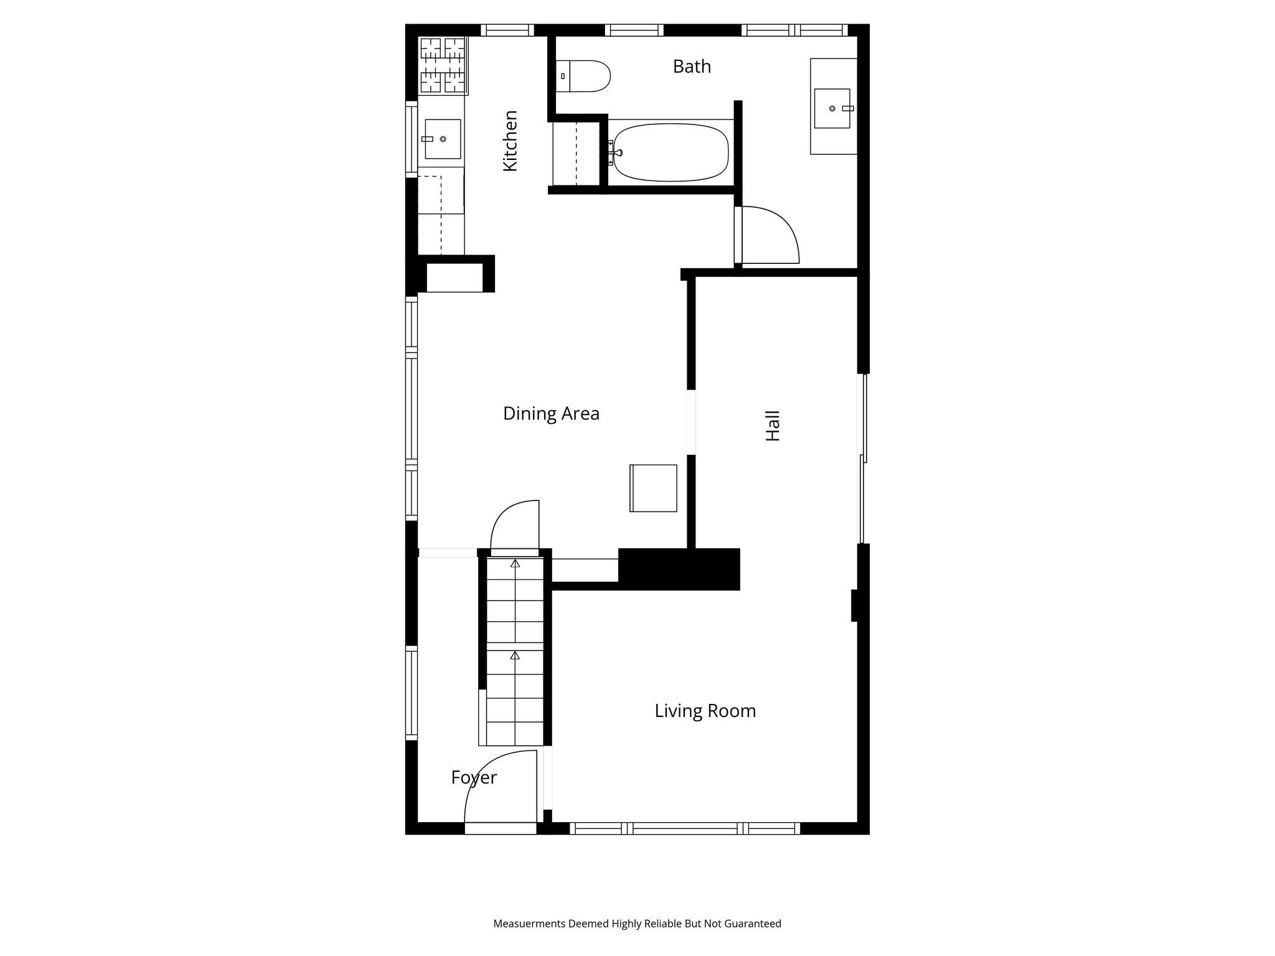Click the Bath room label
tap(692, 67)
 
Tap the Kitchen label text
tap(510, 141)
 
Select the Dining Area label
tap(551, 414)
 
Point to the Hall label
tap(773, 426)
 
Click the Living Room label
tap(705, 711)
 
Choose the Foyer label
tap(474, 778)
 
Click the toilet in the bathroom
tap(583, 76)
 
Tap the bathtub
tap(671, 152)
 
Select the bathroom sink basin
tap(832, 108)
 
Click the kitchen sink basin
tap(443, 139)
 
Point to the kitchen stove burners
tap(443, 65)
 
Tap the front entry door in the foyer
tap(501, 787)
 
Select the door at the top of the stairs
tap(515, 526)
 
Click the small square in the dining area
tap(653, 488)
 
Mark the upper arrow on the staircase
tap(515, 563)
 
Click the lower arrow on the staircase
tap(515, 655)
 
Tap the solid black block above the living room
tap(679, 569)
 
